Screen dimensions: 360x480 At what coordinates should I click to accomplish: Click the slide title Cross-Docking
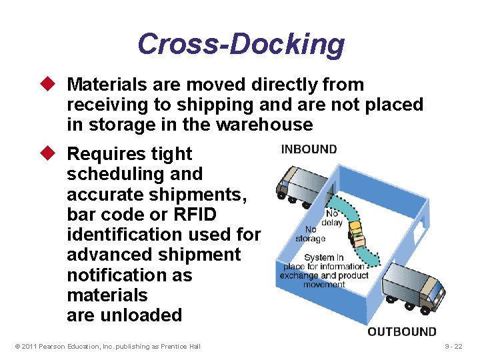[x=241, y=44]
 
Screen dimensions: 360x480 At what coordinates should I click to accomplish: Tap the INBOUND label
[x=309, y=149]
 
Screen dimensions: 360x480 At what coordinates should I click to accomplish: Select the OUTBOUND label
[x=402, y=332]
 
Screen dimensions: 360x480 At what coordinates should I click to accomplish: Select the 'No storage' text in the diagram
[x=311, y=234]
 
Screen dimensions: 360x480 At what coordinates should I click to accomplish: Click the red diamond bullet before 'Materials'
[x=56, y=85]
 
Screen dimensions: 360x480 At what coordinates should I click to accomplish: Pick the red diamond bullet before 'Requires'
[x=56, y=153]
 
